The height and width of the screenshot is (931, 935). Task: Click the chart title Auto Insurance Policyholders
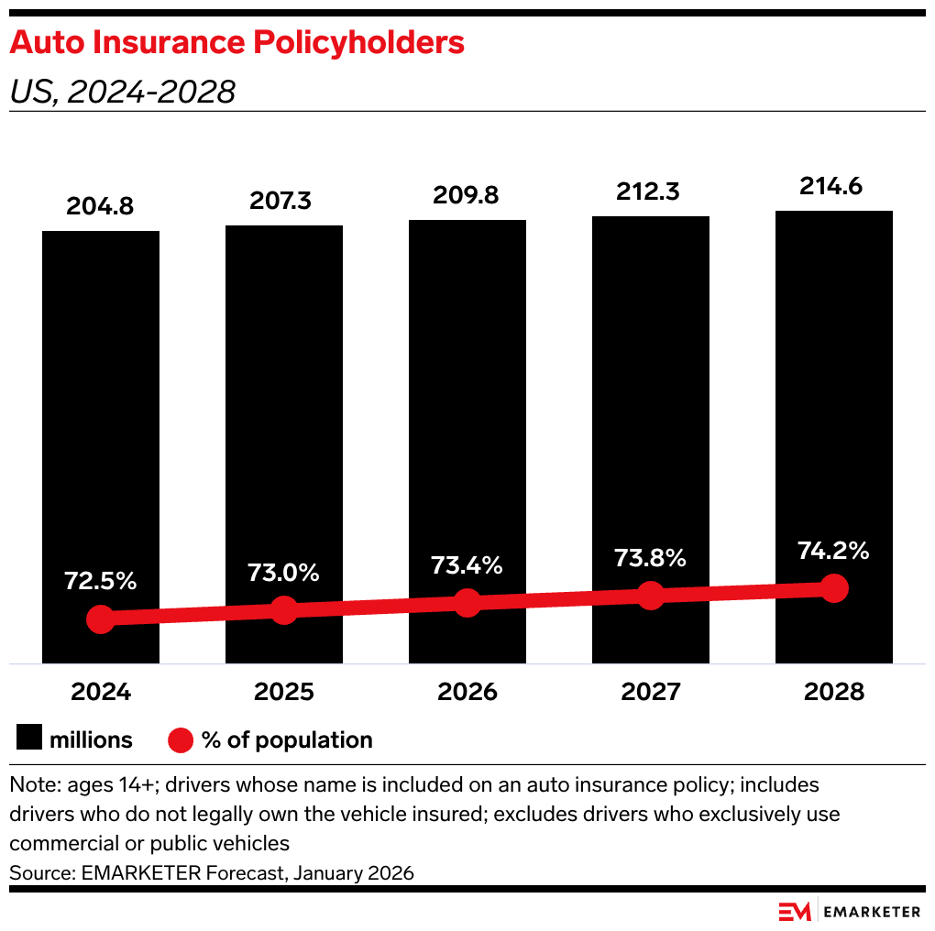[237, 42]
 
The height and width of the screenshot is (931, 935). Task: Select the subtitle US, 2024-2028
[123, 92]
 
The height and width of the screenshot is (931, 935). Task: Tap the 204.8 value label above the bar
[100, 206]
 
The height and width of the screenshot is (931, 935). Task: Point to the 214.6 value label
[833, 187]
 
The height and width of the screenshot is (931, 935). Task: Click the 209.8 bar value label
[467, 196]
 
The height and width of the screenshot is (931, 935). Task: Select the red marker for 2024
[100, 619]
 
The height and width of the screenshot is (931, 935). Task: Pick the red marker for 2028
[833, 588]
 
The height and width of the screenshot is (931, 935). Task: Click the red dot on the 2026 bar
[467, 603]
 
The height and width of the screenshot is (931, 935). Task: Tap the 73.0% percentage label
[283, 573]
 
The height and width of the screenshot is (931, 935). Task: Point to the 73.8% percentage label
[650, 558]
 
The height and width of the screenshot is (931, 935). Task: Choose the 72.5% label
[100, 581]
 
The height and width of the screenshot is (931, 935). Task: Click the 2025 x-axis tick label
[283, 692]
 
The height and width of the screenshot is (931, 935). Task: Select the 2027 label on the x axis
[650, 692]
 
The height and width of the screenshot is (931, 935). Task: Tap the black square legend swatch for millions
[29, 739]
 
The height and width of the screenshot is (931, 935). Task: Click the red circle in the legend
[181, 739]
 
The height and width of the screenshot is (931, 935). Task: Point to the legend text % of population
[287, 739]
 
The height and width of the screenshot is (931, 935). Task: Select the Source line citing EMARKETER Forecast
[212, 873]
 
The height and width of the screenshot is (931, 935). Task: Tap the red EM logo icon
[794, 911]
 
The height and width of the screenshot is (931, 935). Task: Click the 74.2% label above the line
[833, 551]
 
